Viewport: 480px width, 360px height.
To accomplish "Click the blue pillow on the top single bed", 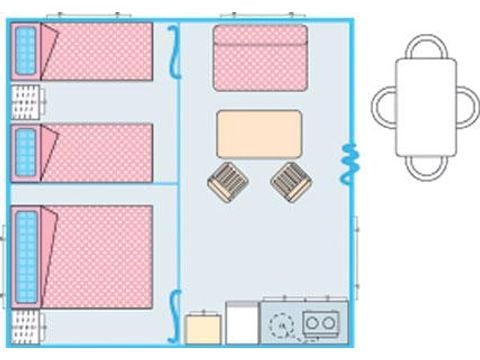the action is pos(25,51).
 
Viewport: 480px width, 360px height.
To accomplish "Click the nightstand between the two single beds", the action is pos(27,102).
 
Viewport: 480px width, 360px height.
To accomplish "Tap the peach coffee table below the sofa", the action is pos(259,134).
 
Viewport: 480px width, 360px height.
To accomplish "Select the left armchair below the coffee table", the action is pos(227,182).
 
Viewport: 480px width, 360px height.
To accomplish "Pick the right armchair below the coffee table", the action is pos(289,181).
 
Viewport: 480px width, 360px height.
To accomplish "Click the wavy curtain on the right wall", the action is pos(350,163).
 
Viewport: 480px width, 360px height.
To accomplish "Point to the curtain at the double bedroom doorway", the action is pos(175,310).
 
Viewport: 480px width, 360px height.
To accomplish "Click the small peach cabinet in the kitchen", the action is pos(203,330).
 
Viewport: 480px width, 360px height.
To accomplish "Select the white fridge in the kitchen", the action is pos(241,325).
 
